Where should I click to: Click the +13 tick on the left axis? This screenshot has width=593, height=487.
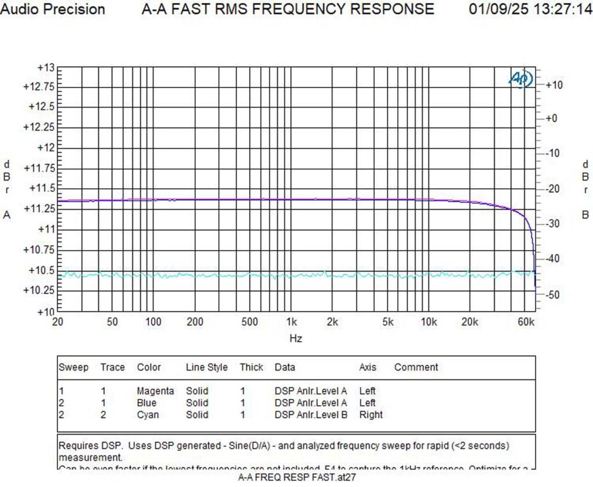pyautogui.click(x=45, y=68)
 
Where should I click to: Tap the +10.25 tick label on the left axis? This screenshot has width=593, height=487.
pyautogui.click(x=39, y=290)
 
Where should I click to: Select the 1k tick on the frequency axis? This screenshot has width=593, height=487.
pyautogui.click(x=291, y=322)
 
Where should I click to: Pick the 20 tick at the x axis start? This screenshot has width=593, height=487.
pyautogui.click(x=58, y=322)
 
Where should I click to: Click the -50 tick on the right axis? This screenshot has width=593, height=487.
pyautogui.click(x=554, y=295)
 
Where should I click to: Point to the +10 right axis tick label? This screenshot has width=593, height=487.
pyautogui.click(x=554, y=85)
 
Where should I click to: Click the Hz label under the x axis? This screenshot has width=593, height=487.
pyautogui.click(x=295, y=338)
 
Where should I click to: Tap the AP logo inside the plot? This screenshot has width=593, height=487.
pyautogui.click(x=520, y=79)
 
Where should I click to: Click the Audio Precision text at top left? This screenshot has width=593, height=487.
pyautogui.click(x=53, y=9)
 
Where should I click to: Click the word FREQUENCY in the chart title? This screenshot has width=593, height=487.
pyautogui.click(x=325, y=9)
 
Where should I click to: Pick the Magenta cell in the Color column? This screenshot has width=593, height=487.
pyautogui.click(x=155, y=391)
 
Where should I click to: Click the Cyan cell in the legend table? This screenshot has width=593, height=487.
pyautogui.click(x=148, y=415)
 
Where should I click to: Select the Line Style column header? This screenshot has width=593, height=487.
pyautogui.click(x=206, y=367)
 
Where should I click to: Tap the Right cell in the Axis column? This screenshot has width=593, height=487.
pyautogui.click(x=371, y=415)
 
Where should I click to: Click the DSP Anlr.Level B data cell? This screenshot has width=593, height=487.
pyautogui.click(x=310, y=415)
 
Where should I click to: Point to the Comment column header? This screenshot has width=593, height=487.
pyautogui.click(x=416, y=367)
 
